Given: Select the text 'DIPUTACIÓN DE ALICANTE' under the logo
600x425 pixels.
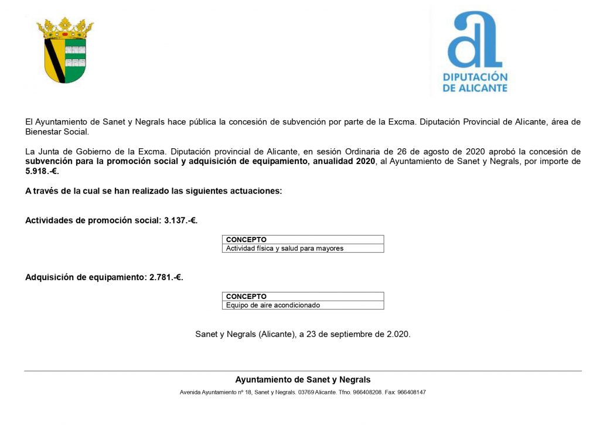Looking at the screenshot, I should click(x=475, y=83).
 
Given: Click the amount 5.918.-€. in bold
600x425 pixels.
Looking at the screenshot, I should click(x=42, y=171).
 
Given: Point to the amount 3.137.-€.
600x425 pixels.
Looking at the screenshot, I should click(x=181, y=220).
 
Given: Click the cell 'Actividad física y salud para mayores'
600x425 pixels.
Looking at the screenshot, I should click(x=285, y=249).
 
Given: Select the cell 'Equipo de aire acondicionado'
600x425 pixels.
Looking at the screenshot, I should click(x=273, y=305).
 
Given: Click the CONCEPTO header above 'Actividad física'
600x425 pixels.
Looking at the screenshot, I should click(x=246, y=240).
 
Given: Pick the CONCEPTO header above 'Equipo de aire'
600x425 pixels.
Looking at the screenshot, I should click(x=246, y=297).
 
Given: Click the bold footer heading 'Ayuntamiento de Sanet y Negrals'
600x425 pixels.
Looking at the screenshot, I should click(x=303, y=380).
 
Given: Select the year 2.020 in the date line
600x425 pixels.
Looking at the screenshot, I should click(x=398, y=334).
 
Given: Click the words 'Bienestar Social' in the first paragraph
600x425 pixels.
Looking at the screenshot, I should click(x=56, y=132).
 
